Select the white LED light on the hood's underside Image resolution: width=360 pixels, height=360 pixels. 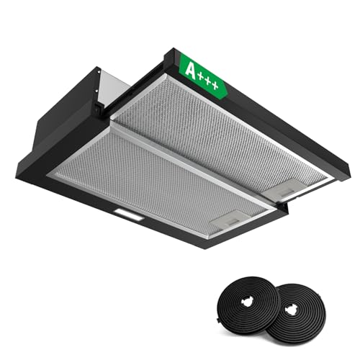click(x=130, y=215)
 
